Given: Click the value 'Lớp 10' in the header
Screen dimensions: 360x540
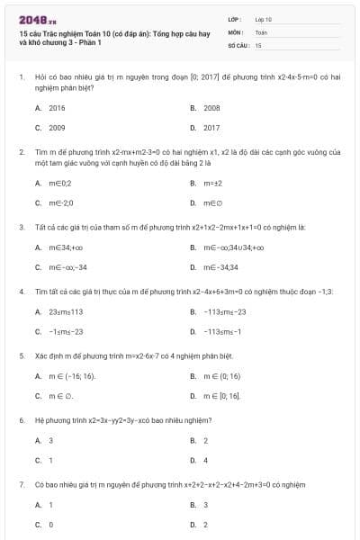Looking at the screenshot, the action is click(264, 19).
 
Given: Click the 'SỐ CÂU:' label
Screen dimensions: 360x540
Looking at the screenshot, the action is click(238, 44).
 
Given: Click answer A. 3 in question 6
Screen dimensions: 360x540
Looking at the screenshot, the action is click(44, 440).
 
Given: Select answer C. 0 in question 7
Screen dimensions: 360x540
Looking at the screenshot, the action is click(44, 524).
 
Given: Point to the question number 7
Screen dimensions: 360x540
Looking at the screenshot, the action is click(21, 484).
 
